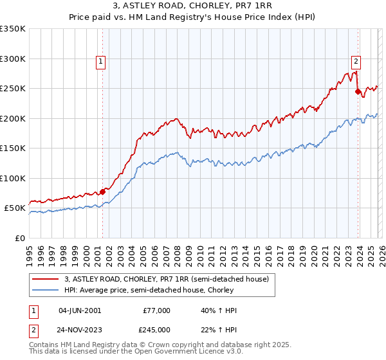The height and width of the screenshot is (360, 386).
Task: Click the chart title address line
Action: tap(192, 7)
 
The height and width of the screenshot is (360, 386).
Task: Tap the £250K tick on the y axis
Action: tap(13, 89)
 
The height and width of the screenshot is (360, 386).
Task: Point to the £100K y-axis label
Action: tap(13, 178)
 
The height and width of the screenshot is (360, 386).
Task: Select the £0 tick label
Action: tap(20, 238)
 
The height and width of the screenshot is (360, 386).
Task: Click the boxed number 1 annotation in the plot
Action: tap(102, 62)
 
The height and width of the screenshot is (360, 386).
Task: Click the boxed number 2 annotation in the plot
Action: tap(356, 62)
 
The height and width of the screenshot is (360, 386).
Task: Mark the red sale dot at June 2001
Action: tap(102, 192)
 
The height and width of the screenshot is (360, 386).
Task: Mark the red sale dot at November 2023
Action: tap(358, 92)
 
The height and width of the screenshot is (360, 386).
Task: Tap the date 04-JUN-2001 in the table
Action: tap(79, 310)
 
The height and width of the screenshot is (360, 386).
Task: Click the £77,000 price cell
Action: tap(156, 310)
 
